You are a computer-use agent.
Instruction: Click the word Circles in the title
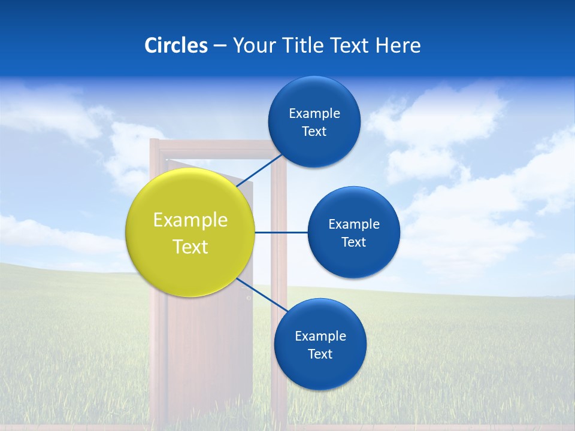176,45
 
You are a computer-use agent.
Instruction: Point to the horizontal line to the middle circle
281,232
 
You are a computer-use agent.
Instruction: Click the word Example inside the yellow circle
190,220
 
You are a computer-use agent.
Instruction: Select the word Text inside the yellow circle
190,247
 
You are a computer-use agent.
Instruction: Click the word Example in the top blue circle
314,114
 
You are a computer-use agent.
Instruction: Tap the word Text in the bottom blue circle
320,354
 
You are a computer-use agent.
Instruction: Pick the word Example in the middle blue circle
353,224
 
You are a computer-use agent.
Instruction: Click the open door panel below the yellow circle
210,353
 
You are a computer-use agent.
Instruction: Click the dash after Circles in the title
220,46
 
